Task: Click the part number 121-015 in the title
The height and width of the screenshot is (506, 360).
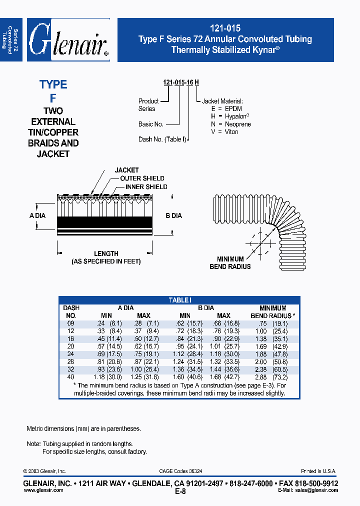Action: click(225, 29)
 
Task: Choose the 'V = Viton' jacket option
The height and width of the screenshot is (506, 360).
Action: click(224, 132)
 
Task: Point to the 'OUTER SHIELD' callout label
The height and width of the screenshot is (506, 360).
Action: click(142, 178)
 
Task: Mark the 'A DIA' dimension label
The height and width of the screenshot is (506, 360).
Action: click(38, 215)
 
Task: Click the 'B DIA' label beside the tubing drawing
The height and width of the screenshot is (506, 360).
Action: click(173, 216)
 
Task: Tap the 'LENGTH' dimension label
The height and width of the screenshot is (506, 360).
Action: click(106, 253)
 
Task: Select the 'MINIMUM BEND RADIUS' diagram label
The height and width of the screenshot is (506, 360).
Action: click(230, 263)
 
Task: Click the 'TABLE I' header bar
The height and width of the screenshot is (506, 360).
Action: click(179, 300)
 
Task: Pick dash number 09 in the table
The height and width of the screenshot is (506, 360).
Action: click(71, 323)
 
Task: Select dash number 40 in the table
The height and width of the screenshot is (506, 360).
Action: click(71, 376)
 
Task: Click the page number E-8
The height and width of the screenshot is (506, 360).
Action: click(180, 491)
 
